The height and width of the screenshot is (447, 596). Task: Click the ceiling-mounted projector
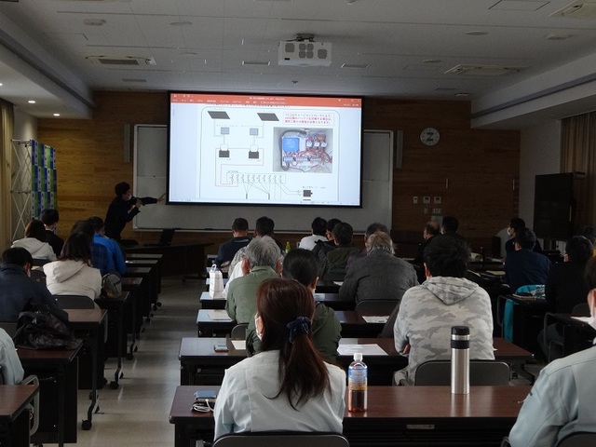[x=305, y=51]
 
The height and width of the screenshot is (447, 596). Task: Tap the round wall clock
[x=429, y=136]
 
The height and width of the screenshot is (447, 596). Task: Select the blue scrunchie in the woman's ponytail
[x=298, y=328]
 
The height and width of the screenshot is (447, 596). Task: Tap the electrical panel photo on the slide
[x=305, y=151]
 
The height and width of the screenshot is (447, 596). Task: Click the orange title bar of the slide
[x=264, y=100]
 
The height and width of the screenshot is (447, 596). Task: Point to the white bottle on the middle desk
[x=216, y=280]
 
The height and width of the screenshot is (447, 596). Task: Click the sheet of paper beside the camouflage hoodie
[x=361, y=349]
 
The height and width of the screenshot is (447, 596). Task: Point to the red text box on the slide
[x=308, y=120]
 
